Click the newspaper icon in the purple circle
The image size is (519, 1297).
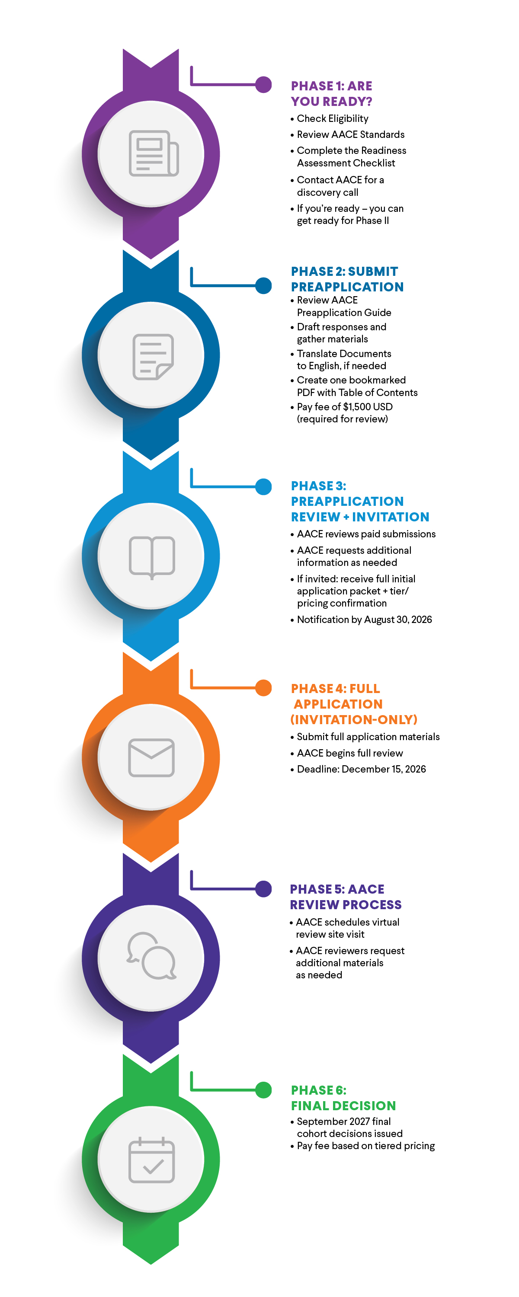coord(154,153)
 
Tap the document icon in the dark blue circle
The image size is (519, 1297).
coord(153,357)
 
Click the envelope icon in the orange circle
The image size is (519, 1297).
coord(151,757)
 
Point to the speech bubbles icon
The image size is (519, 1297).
coord(151,955)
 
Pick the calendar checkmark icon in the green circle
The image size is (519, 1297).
coord(151,1160)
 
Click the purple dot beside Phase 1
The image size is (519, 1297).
coord(263,85)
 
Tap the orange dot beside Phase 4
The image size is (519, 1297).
coord(263,688)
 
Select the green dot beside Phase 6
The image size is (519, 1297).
coord(263,1089)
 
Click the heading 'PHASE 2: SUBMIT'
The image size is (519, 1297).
coord(344,272)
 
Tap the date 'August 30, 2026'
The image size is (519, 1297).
coord(397,620)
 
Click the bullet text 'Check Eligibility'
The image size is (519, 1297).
coord(332,119)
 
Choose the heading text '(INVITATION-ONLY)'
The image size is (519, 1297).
coord(354,719)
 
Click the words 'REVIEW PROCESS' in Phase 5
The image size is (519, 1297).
coord(346,905)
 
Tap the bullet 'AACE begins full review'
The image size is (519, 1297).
coord(350,753)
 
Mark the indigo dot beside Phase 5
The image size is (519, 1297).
coord(263,889)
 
